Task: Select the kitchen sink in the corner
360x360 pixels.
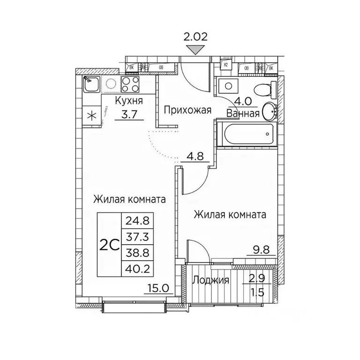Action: click(91, 84)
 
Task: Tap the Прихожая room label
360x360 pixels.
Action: click(187, 111)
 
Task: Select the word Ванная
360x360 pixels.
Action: click(243, 113)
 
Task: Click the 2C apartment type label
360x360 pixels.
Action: click(110, 244)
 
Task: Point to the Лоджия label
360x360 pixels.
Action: click(210, 280)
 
